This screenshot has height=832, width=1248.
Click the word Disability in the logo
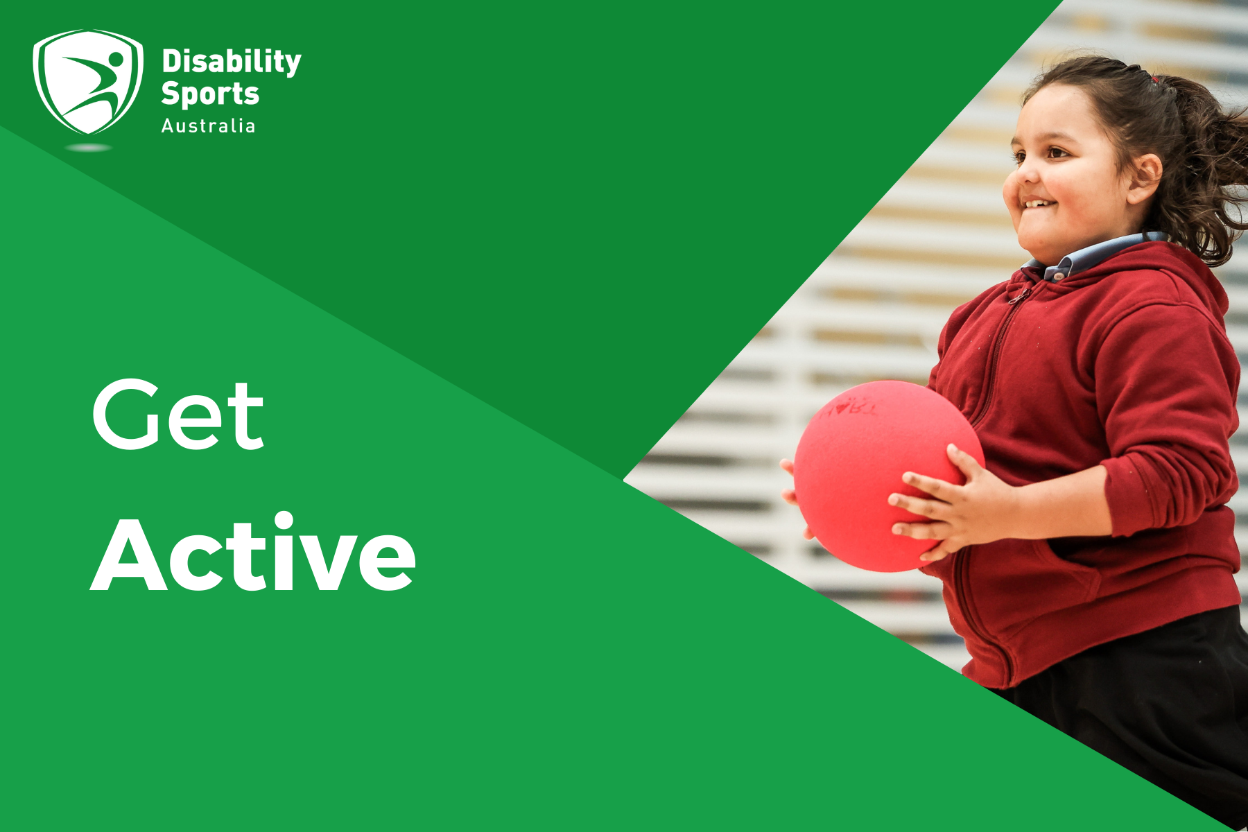pos(231,62)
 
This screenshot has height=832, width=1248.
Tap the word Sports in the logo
pos(209,94)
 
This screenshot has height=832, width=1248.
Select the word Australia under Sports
pos(208,126)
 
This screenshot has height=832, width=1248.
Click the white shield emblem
pos(88,81)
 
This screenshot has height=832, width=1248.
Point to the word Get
pos(178,414)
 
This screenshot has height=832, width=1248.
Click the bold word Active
pos(253,555)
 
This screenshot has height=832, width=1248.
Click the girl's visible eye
pos(1056,152)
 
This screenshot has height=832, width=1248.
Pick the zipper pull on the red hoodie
pos(1018,297)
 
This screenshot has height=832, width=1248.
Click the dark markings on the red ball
pos(849,408)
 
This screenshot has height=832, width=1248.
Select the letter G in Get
pos(127,414)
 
